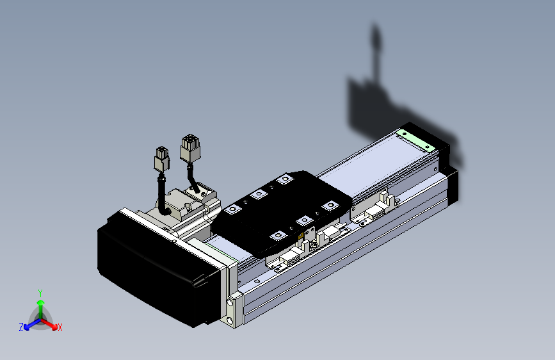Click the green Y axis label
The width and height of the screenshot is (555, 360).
(40, 291)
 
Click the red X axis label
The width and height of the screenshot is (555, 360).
(60, 328)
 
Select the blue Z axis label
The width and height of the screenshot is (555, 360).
(21, 327)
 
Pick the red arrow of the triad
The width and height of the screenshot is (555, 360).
(51, 323)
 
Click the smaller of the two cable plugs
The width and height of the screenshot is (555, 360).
(162, 159)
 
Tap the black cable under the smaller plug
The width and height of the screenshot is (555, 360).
(162, 192)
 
